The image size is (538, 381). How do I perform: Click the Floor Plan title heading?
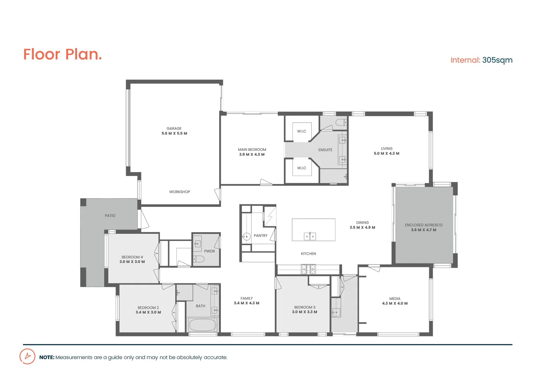click(62, 55)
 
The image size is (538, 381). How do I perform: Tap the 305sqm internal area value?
click(497, 60)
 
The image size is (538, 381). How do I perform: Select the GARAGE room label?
click(174, 128)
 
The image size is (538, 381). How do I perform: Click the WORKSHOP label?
click(180, 192)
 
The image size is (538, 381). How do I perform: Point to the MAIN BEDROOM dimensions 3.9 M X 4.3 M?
click(252, 155)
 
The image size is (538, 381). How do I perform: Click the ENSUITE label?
click(325, 150)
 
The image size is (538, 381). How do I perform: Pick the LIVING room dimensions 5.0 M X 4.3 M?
click(387, 153)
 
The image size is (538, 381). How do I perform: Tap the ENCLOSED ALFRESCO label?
click(423, 225)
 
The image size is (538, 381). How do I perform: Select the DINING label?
click(362, 223)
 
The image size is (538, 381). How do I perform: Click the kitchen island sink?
click(310, 236)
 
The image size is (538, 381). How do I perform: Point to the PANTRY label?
click(260, 236)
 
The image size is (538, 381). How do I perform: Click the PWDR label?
click(209, 251)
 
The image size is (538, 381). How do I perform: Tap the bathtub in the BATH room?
click(202, 325)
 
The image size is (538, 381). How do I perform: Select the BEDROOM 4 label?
click(132, 257)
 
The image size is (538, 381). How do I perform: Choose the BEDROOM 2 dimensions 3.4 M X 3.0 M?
click(148, 312)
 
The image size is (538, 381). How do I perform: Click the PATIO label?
click(110, 216)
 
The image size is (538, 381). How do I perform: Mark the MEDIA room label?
click(395, 298)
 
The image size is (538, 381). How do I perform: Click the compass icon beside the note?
click(27, 356)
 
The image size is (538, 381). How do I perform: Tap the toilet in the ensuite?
click(341, 123)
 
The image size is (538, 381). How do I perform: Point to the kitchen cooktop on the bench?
click(308, 269)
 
